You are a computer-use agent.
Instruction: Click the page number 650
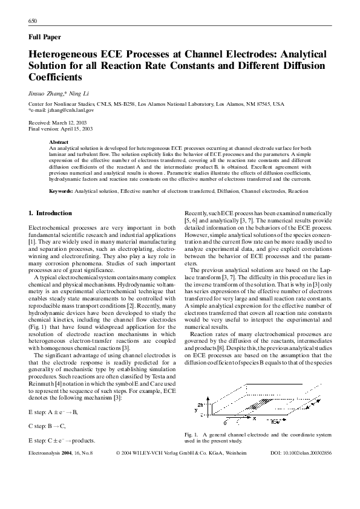tap(33, 21)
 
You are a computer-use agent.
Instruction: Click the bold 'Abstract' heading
tap(59, 142)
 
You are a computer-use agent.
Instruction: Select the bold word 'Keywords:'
tap(61, 191)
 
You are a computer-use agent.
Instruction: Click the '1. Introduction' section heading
tap(50, 213)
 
